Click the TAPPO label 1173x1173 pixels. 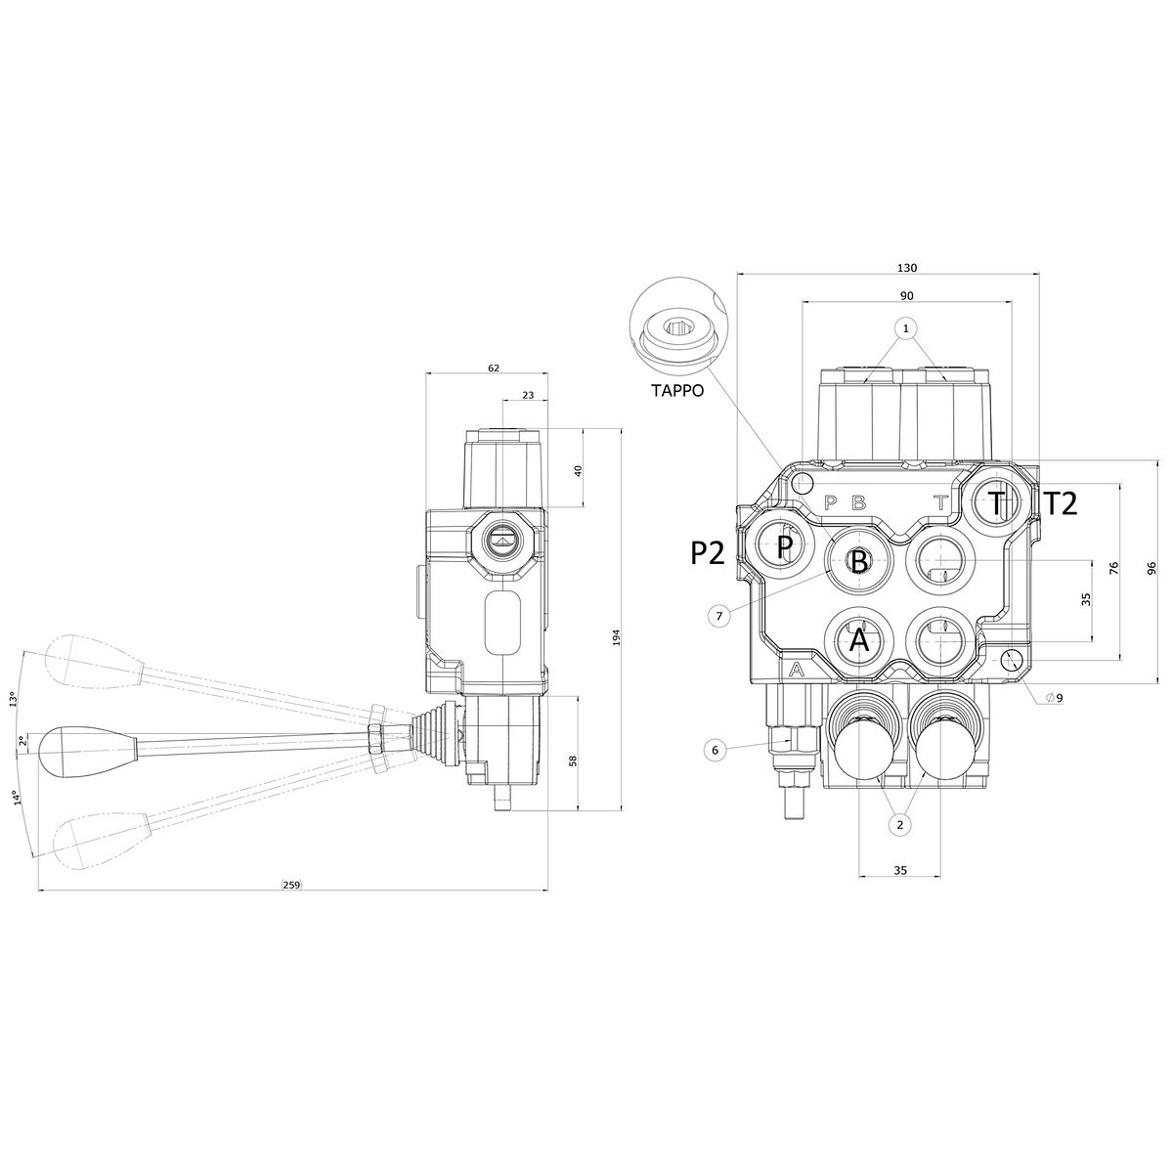point(676,390)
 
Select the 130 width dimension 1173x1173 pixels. point(906,268)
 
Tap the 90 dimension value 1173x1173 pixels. point(906,296)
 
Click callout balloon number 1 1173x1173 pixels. point(906,328)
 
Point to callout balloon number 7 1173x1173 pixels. point(718,616)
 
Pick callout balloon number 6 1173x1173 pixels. point(716,750)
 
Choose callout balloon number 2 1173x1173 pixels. point(900,825)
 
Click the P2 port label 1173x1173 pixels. point(708,552)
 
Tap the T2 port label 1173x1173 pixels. point(1061,504)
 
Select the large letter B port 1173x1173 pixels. point(858,561)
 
